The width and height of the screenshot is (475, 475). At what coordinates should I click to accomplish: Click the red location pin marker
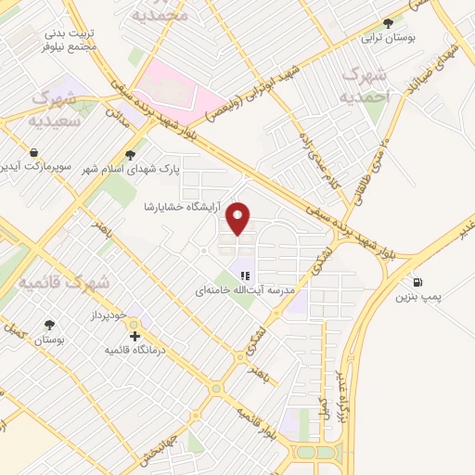[239, 217]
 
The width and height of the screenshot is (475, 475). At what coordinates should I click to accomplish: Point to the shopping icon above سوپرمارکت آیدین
[34, 152]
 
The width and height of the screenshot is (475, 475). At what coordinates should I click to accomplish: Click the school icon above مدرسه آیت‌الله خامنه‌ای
[245, 275]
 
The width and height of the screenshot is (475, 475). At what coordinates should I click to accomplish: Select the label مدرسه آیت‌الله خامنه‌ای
[245, 290]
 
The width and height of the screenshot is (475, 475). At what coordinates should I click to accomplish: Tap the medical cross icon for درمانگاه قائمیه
[135, 335]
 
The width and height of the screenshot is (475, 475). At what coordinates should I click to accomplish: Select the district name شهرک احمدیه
[362, 84]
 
